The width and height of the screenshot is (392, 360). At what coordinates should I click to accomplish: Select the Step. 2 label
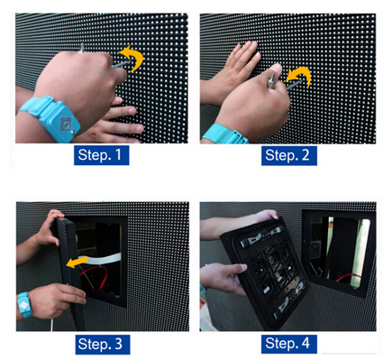point(289,155)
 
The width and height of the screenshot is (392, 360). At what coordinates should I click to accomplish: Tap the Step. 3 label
point(103,345)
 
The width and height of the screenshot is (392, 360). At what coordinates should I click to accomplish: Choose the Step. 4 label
point(289,344)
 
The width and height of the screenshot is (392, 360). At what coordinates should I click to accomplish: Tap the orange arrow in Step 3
point(77,263)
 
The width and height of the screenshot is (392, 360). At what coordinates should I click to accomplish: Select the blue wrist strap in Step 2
point(224,134)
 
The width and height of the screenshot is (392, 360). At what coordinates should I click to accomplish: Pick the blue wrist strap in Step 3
point(24,305)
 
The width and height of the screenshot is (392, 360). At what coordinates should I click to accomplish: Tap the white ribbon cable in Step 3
point(102,259)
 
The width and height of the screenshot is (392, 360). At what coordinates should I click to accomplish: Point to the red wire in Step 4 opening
point(349,278)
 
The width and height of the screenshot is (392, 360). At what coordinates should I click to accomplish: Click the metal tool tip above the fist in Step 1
point(81,48)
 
